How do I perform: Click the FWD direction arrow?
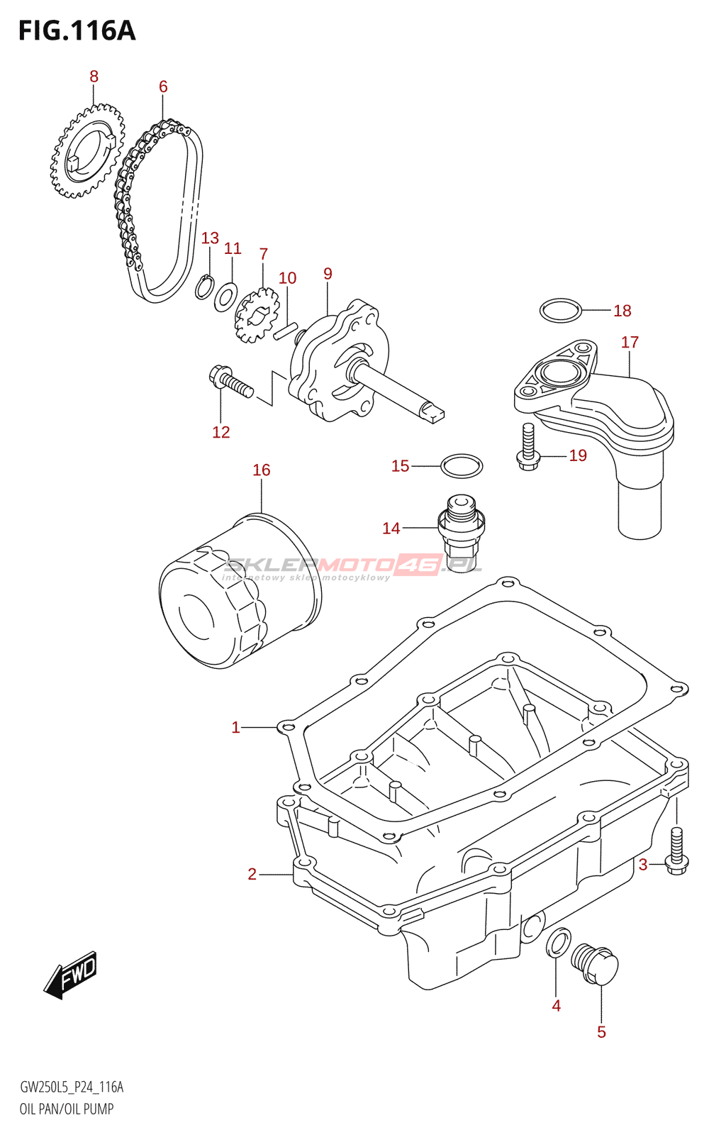(70, 974)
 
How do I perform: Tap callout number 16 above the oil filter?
(261, 470)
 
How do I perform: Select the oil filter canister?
(240, 590)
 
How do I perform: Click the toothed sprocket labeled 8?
(86, 152)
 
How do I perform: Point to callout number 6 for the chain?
(163, 87)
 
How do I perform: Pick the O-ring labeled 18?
(560, 310)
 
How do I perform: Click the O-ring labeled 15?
(462, 466)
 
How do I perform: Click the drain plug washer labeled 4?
(557, 941)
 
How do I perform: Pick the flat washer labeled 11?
(226, 297)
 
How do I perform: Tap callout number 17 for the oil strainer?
(630, 342)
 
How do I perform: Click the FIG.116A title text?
(77, 31)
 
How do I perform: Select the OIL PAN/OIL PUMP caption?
(67, 1109)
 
